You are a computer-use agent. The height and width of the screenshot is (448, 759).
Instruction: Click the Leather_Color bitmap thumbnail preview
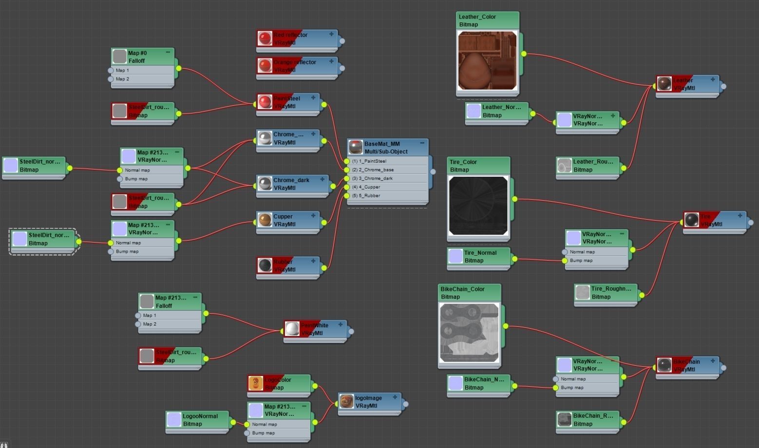pyautogui.click(x=487, y=61)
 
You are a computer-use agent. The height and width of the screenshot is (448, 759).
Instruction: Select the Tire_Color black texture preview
pyautogui.click(x=478, y=205)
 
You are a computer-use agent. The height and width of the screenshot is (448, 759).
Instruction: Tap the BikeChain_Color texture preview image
pyautogui.click(x=469, y=333)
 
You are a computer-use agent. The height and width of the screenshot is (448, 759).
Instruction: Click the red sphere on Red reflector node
pyautogui.click(x=265, y=38)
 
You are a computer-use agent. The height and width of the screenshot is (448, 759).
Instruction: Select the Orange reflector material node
pyautogui.click(x=297, y=66)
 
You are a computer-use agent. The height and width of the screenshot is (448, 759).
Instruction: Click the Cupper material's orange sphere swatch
pyautogui.click(x=265, y=220)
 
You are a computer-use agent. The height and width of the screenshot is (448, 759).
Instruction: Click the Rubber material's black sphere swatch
pyautogui.click(x=265, y=265)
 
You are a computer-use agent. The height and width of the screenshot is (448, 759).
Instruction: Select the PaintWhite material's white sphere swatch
pyautogui.click(x=292, y=329)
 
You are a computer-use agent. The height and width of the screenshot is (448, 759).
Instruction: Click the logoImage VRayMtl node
pyautogui.click(x=369, y=402)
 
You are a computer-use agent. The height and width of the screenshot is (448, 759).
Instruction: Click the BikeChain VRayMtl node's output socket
pyautogui.click(x=723, y=368)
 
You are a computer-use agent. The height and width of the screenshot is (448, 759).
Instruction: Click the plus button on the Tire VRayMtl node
pyautogui.click(x=740, y=216)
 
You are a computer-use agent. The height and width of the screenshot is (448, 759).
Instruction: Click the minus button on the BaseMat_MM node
pyautogui.click(x=422, y=143)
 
